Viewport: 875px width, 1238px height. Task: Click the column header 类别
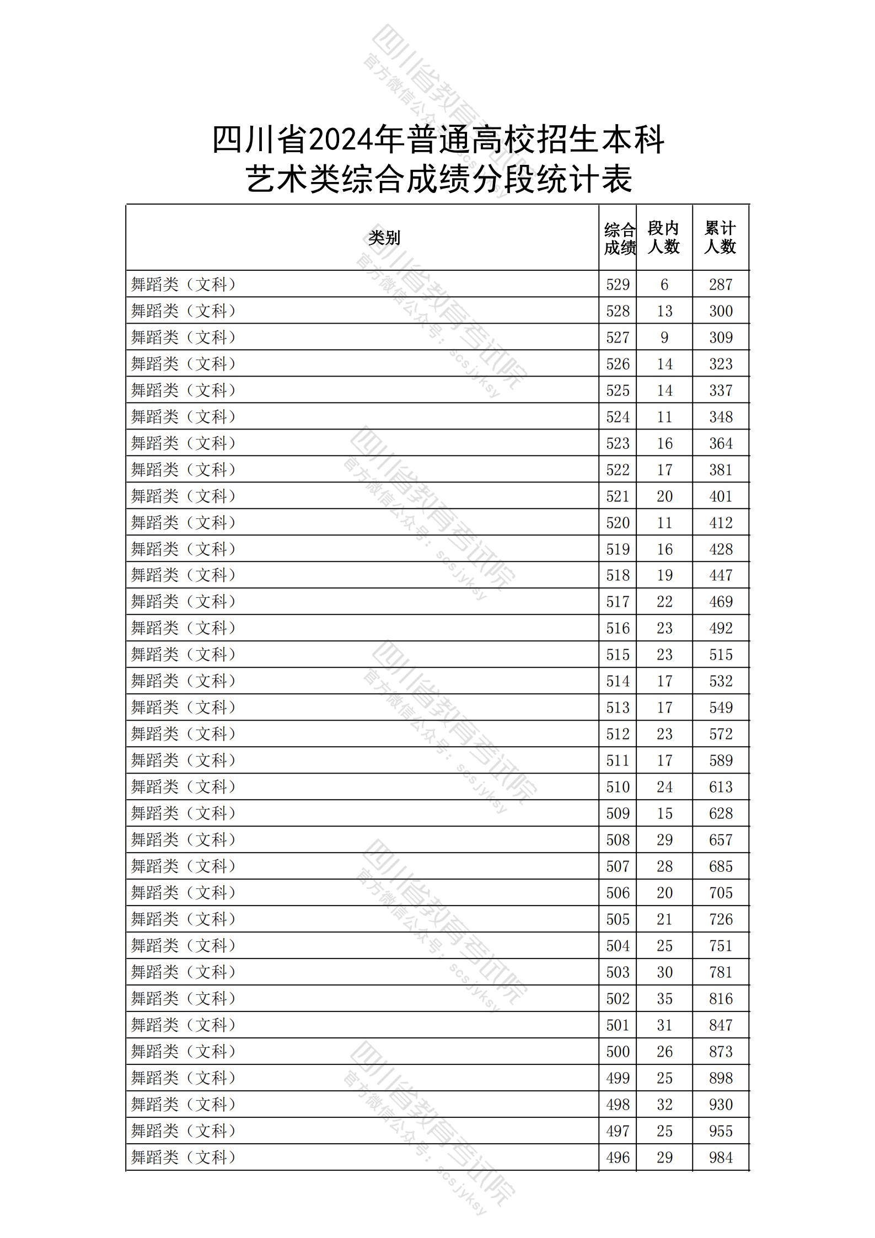384,238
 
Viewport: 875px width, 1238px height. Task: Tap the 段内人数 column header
663,238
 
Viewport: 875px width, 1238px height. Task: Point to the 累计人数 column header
720,238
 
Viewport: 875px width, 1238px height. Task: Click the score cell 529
618,285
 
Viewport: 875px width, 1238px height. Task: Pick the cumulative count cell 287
720,285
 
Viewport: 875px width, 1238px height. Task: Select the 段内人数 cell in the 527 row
664,337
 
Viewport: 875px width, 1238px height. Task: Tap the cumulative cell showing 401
720,496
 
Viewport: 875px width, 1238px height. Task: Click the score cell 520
618,523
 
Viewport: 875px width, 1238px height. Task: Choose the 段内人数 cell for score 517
664,602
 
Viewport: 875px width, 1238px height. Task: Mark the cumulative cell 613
720,787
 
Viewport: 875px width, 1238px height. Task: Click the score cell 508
618,840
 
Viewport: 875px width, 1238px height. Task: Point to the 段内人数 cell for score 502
664,999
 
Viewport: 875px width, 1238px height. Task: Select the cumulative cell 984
720,1157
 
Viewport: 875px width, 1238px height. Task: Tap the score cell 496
618,1157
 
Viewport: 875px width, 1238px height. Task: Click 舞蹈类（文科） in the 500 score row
184,1052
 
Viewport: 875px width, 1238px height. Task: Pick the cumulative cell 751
720,946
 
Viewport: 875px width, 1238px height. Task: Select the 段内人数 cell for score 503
664,972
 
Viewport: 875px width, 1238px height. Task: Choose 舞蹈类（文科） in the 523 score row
184,443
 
